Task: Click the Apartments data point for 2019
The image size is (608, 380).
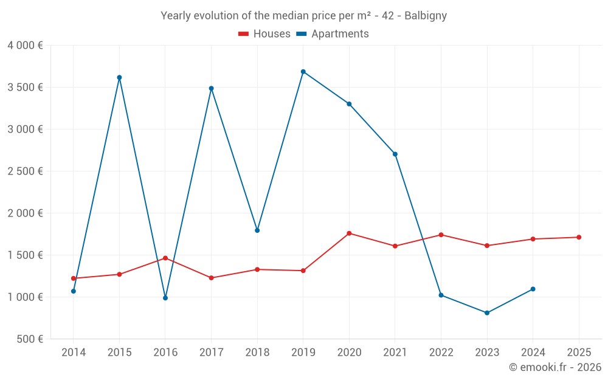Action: [x=303, y=72]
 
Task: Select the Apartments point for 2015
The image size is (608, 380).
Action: [x=119, y=77]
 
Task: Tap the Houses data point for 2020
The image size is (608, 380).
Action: [x=349, y=233]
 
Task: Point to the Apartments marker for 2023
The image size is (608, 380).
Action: [x=487, y=313]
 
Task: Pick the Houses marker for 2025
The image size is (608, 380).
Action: [x=579, y=237]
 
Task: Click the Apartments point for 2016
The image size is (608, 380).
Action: [x=165, y=298]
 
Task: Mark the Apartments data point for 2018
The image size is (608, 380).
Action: [x=257, y=230]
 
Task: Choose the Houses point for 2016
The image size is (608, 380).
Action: [x=165, y=258]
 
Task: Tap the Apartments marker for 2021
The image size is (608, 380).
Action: [x=395, y=154]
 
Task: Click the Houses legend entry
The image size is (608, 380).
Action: [x=264, y=34]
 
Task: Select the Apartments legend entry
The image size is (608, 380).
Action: [x=333, y=34]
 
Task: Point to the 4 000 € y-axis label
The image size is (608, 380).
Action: [x=25, y=46]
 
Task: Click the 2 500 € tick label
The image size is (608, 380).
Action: [x=25, y=171]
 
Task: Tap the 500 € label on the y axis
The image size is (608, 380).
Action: [x=29, y=339]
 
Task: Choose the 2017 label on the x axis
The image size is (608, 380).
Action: [x=211, y=353]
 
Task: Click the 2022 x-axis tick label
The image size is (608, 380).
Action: [x=441, y=353]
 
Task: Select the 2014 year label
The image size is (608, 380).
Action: [x=74, y=353]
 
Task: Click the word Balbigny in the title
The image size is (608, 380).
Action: [x=426, y=16]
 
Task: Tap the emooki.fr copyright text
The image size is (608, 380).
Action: [x=555, y=367]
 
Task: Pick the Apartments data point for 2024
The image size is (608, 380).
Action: [x=533, y=289]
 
